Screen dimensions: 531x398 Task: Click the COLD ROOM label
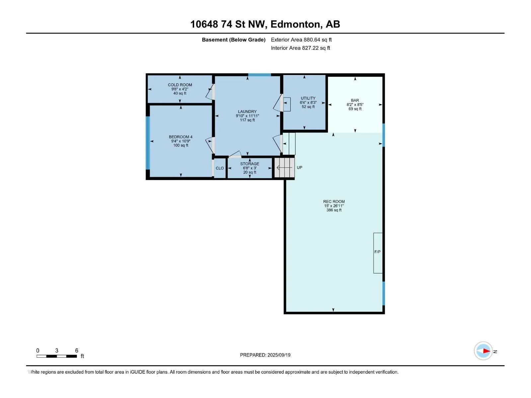point(180,85)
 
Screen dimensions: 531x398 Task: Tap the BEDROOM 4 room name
point(181,137)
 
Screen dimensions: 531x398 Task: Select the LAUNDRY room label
point(247,111)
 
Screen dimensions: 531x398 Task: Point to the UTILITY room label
point(308,98)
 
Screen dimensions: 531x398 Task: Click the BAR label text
point(355,100)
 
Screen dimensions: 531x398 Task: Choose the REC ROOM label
point(334,202)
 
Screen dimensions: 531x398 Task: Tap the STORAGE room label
point(250,164)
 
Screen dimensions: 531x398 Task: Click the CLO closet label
point(220,168)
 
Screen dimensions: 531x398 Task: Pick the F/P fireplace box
point(378,253)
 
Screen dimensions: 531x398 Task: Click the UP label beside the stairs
point(299,167)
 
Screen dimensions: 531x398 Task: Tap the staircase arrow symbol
point(284,167)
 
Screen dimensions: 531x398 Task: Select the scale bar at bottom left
point(57,356)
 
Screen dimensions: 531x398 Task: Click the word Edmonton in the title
point(296,24)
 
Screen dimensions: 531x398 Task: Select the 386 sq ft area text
point(334,210)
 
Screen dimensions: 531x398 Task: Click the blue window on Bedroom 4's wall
point(148,143)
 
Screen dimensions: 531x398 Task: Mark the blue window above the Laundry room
point(259,75)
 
